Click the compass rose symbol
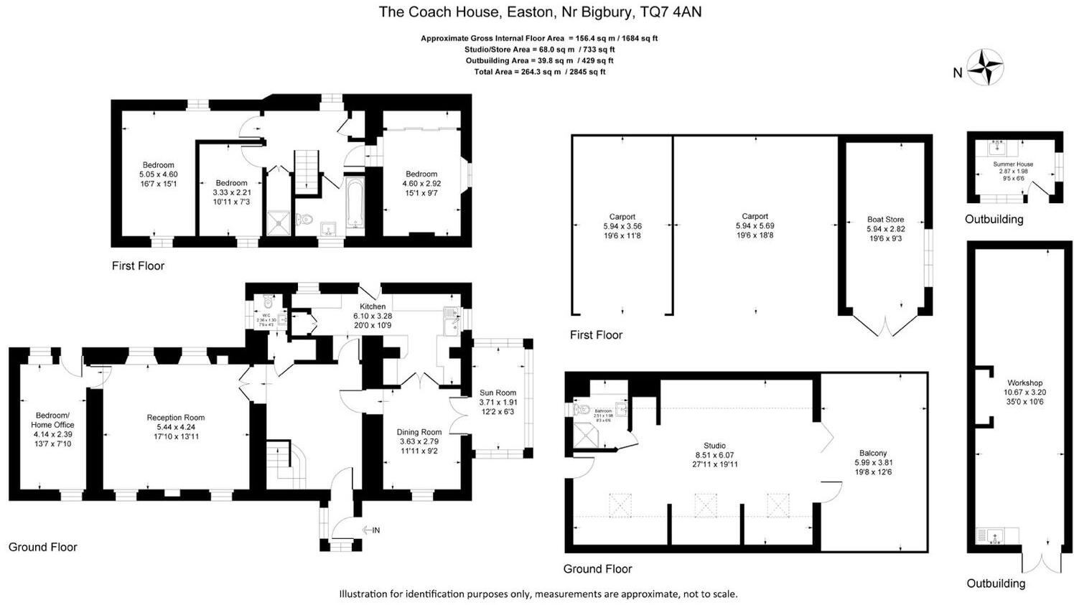coord(985,67)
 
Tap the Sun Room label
coord(498,393)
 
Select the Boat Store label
coord(886,220)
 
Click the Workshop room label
coord(1024,383)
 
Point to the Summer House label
coord(1013,164)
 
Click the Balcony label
coord(873,453)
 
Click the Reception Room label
coord(176,418)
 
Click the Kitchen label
coord(373,306)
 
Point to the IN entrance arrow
coord(370,530)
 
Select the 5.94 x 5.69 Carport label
coord(755,216)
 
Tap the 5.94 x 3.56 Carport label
coord(622,217)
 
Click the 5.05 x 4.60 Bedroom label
coord(158,165)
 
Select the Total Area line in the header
coord(539,72)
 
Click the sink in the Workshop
coord(994,535)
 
